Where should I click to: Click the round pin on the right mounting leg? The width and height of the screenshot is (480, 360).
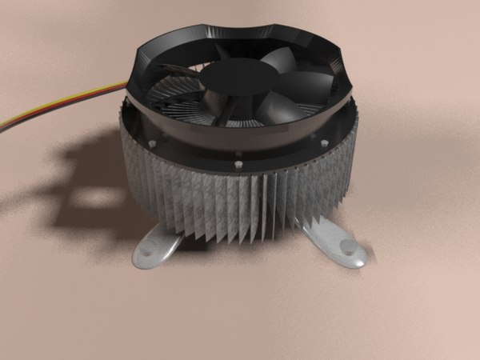[x=349, y=248]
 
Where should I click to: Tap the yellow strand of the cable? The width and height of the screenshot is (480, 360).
[x=48, y=106]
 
